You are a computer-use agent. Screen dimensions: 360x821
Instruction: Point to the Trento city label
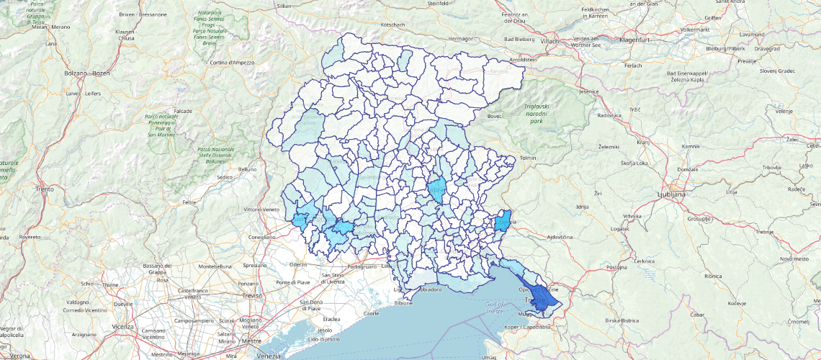(x=45, y=189)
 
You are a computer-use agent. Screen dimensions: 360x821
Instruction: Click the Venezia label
(x=269, y=356)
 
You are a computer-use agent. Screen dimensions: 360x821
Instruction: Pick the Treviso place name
(x=251, y=296)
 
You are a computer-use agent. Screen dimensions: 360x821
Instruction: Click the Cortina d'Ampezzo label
(x=233, y=63)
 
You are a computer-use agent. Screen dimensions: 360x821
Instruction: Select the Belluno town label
(x=248, y=169)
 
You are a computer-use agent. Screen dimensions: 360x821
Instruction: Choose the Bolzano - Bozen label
(x=87, y=73)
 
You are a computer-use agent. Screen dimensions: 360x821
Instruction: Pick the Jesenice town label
(x=589, y=92)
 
